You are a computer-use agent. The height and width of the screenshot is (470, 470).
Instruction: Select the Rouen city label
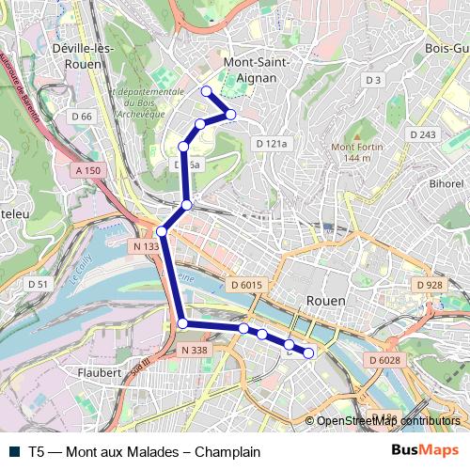325,300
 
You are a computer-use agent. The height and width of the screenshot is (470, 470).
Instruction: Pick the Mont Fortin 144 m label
353,151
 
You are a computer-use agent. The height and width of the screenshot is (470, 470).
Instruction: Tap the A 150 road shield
86,170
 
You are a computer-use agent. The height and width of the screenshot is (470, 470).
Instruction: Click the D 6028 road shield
384,360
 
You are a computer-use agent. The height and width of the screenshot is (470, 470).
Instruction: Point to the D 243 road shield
423,135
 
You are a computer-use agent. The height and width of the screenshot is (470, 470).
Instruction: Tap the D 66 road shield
81,116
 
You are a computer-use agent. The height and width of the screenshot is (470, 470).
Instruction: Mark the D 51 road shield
38,283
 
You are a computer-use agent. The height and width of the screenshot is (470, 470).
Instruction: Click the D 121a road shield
271,144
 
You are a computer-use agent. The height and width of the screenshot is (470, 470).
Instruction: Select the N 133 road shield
145,246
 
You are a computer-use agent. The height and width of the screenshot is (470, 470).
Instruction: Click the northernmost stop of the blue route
207,91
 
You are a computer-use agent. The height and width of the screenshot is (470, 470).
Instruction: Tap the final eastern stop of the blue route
308,352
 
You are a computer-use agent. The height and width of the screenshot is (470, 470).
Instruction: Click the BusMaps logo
425,451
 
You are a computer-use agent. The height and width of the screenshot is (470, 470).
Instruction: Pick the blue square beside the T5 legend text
14,451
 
